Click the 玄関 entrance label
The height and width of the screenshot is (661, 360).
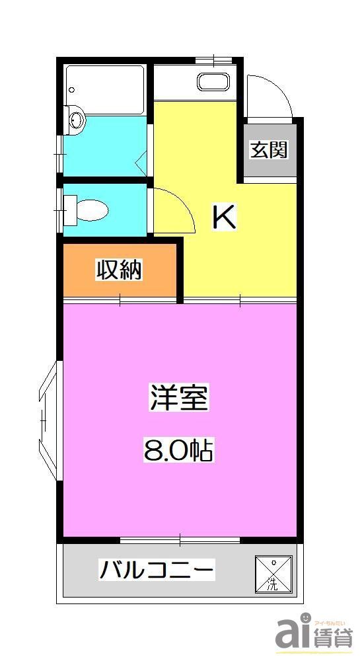click(x=269, y=150)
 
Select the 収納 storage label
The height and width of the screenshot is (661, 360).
click(x=120, y=270)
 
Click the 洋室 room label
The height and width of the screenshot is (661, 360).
click(x=179, y=399)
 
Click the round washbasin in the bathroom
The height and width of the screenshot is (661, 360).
click(x=77, y=120)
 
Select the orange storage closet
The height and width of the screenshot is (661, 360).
click(x=120, y=271)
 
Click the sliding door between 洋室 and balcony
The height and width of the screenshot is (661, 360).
click(x=180, y=540)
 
